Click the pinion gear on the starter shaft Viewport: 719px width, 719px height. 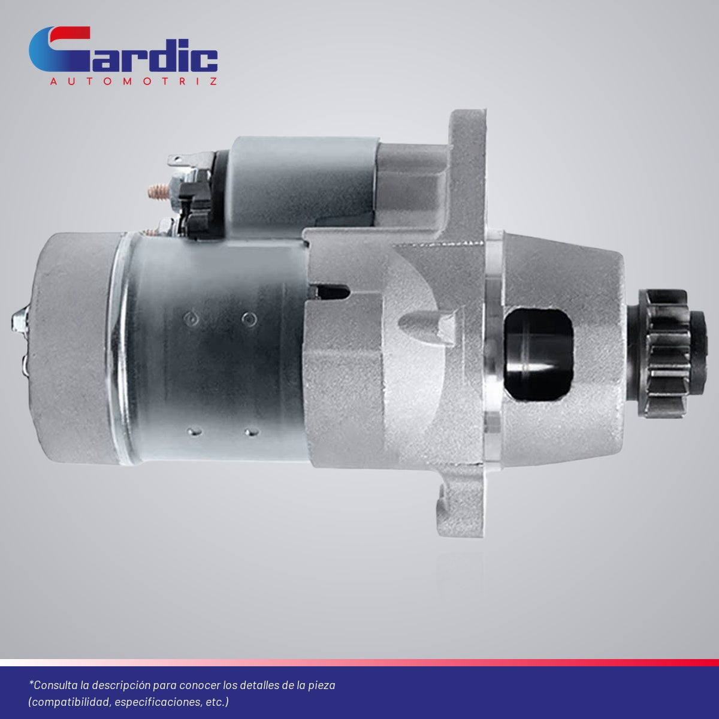[x=668, y=353]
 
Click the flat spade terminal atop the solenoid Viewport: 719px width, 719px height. [x=180, y=161]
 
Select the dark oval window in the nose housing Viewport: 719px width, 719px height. [x=539, y=355]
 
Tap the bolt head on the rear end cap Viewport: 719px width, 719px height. [x=20, y=320]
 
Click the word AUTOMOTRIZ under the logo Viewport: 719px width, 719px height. [x=133, y=81]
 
